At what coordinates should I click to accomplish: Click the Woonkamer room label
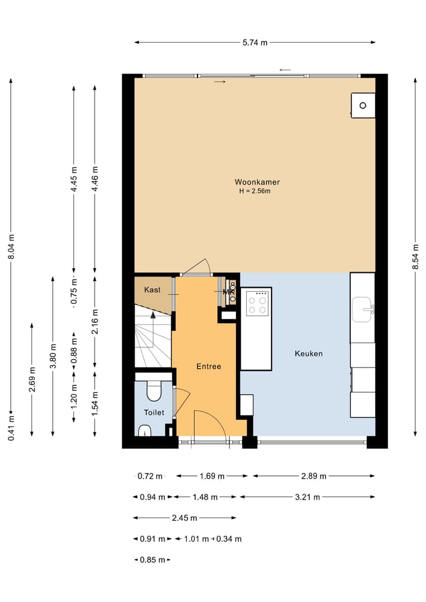[257, 182]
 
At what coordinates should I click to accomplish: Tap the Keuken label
[309, 353]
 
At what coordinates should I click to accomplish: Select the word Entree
[209, 366]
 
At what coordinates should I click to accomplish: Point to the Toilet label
[154, 413]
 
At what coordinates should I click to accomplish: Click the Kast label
[153, 289]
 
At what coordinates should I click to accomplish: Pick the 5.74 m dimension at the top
[255, 43]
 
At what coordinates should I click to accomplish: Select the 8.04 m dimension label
[11, 246]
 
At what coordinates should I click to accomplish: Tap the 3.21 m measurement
[308, 497]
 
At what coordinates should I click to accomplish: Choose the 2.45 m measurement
[185, 518]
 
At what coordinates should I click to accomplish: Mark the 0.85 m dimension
[153, 560]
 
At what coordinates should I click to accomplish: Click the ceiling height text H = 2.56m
[255, 191]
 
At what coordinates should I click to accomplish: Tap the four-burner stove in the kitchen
[257, 302]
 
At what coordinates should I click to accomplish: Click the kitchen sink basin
[362, 310]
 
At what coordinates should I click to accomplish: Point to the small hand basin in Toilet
[145, 431]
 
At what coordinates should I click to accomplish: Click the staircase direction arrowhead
[153, 315]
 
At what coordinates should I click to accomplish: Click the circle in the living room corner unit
[363, 105]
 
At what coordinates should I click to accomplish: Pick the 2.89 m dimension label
[314, 476]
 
